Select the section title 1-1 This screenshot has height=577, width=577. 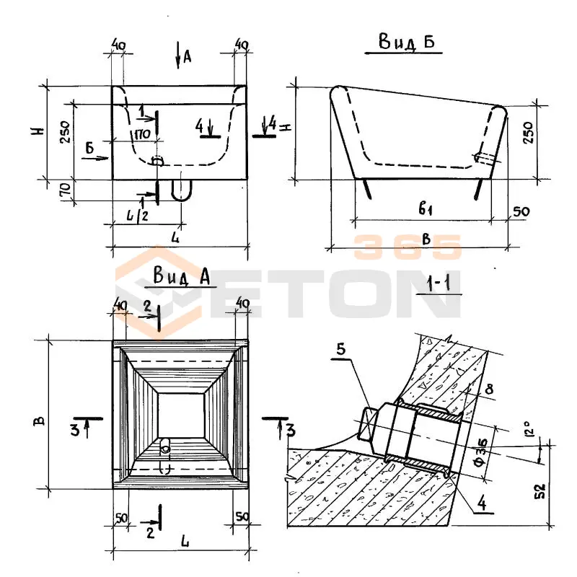click(x=439, y=284)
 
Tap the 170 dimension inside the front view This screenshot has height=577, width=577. click(x=141, y=133)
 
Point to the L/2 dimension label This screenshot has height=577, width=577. click(x=134, y=216)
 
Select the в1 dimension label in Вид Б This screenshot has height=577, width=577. click(x=425, y=210)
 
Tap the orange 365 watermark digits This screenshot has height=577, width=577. click(x=408, y=247)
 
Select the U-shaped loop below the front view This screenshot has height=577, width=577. click(x=181, y=190)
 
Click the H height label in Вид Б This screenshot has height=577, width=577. click(x=286, y=127)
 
